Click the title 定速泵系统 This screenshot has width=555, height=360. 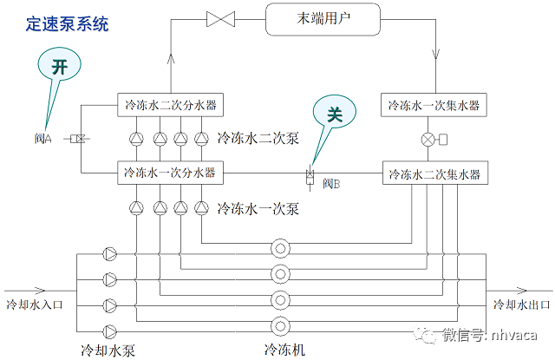tap(68, 24)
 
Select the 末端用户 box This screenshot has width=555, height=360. tap(323, 18)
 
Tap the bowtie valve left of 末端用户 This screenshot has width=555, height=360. tap(217, 18)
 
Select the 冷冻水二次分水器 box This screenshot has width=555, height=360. tap(170, 106)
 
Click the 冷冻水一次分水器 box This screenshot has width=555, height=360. tap(170, 173)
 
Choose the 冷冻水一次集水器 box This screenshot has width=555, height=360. tap(434, 106)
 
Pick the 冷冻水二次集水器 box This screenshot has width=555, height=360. tap(434, 173)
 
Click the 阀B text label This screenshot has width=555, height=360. tap(331, 185)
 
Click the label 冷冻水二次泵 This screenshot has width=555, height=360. tap(258, 138)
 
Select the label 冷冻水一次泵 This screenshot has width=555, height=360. tap(258, 208)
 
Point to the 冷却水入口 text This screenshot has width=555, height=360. tap(36, 304)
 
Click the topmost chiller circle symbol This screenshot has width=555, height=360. tap(280, 248)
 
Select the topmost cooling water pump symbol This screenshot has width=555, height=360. tap(110, 254)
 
